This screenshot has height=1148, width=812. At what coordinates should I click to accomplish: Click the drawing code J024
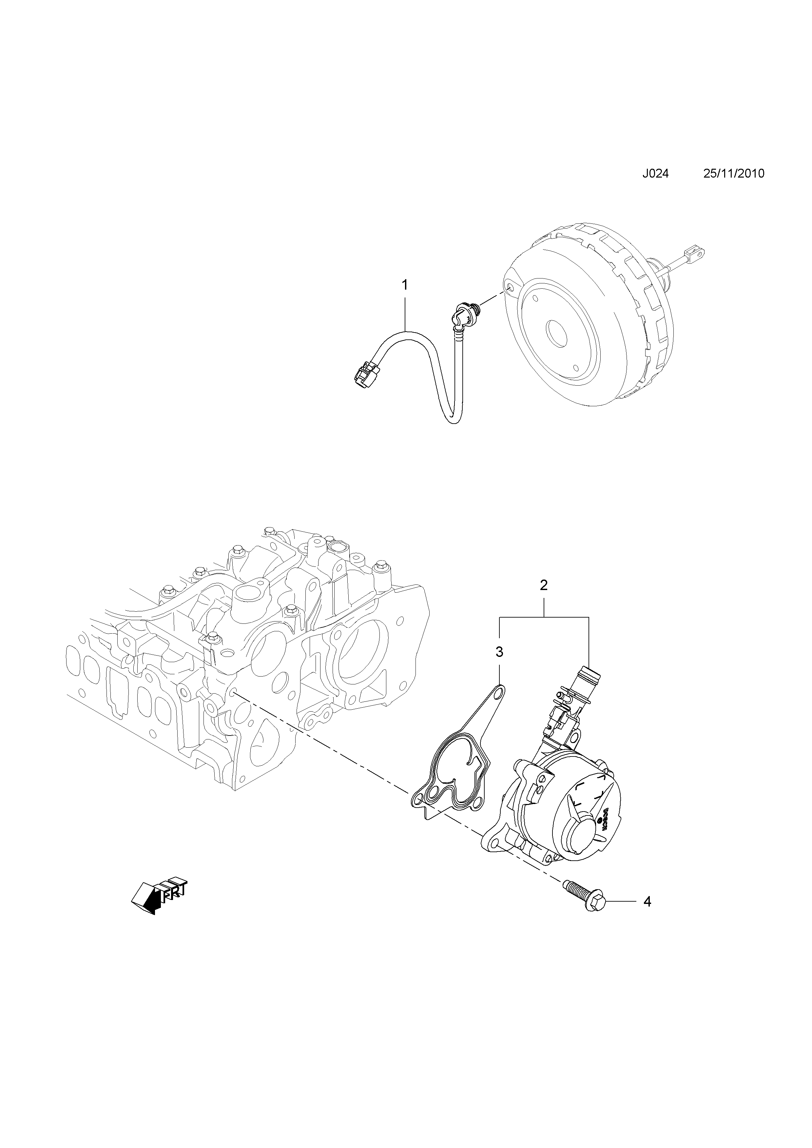655,174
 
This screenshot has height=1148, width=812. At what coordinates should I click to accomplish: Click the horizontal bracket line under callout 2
544,618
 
